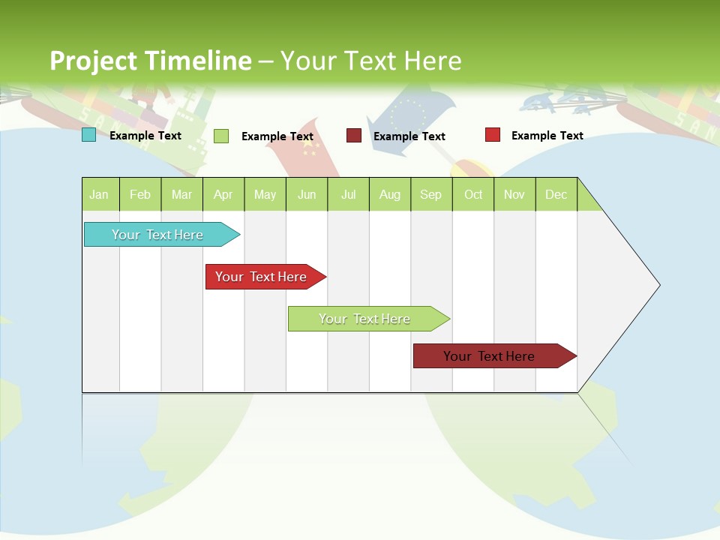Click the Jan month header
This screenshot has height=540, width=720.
(100, 194)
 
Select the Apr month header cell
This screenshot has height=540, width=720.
(223, 194)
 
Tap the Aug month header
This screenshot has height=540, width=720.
(389, 194)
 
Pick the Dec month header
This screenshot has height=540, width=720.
(556, 194)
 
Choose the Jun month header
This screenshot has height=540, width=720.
(307, 194)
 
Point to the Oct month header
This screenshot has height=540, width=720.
(473, 194)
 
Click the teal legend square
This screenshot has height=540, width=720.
(88, 135)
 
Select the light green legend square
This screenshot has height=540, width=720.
(220, 136)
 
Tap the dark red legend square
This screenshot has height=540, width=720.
(353, 135)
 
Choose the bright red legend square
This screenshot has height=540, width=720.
(492, 134)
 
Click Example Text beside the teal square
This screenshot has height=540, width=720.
(145, 136)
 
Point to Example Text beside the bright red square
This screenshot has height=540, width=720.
(547, 136)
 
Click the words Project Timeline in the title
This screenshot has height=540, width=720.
(150, 60)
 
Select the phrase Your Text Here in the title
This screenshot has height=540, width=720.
(371, 60)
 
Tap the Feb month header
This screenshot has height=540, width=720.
(140, 194)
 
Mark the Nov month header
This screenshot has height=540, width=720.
(514, 194)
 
